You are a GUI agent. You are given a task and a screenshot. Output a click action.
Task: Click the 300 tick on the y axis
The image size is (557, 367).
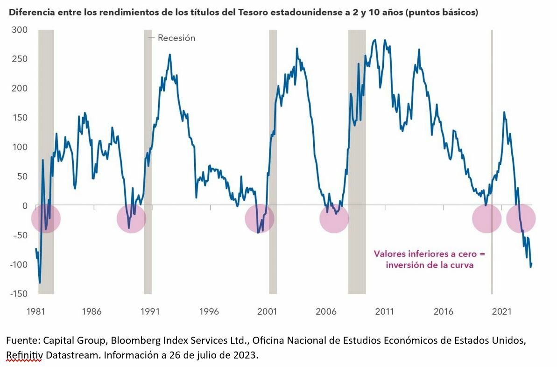coord(19,30)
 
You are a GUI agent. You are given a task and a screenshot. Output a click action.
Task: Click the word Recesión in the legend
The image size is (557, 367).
coord(176,38)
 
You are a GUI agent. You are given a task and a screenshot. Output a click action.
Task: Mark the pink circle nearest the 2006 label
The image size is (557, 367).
coord(334,219)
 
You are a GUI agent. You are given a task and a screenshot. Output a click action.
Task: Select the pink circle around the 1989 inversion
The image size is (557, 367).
coord(131,219)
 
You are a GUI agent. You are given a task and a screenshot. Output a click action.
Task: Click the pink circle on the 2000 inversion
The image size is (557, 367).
coord(260,219)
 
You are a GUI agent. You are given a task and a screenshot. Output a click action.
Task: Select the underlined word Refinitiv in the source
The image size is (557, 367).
coord(24,355)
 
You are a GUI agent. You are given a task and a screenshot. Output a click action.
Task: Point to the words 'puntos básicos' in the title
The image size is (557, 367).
coord(442,13)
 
